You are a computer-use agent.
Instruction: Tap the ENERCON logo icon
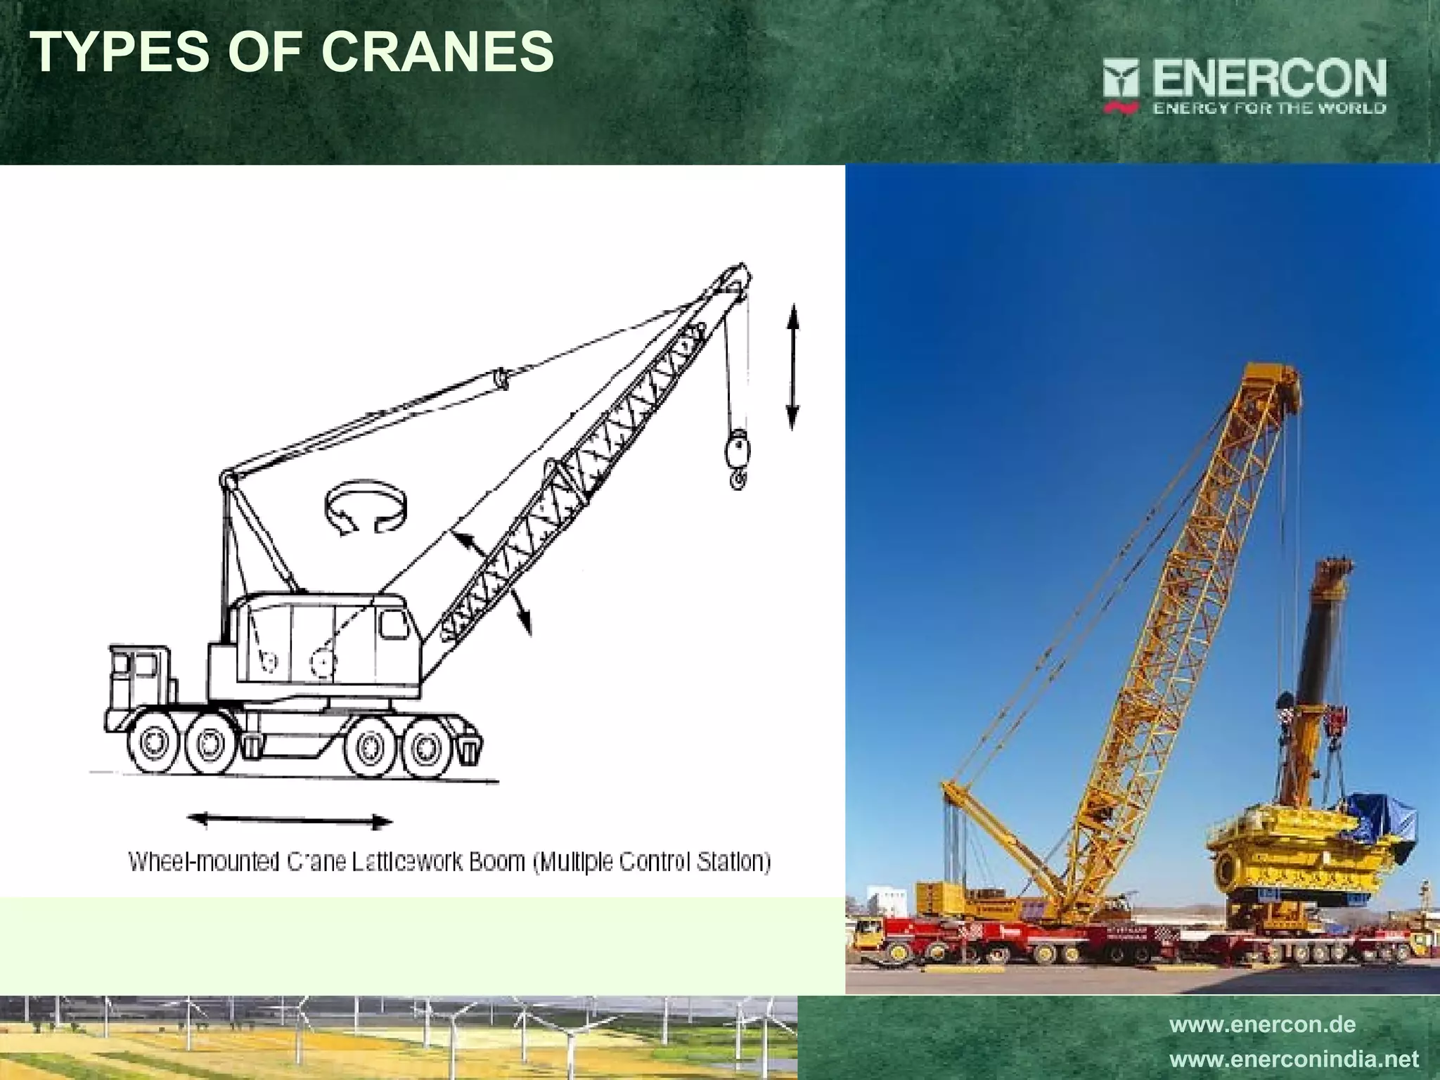(1121, 83)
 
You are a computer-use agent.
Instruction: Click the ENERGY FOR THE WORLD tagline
(1268, 108)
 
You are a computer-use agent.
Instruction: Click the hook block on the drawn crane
(735, 450)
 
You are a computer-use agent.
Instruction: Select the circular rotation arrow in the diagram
(366, 507)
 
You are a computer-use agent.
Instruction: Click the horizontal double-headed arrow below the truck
(289, 820)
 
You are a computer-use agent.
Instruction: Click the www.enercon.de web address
(1261, 1024)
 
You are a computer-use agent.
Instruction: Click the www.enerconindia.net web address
(1294, 1059)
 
